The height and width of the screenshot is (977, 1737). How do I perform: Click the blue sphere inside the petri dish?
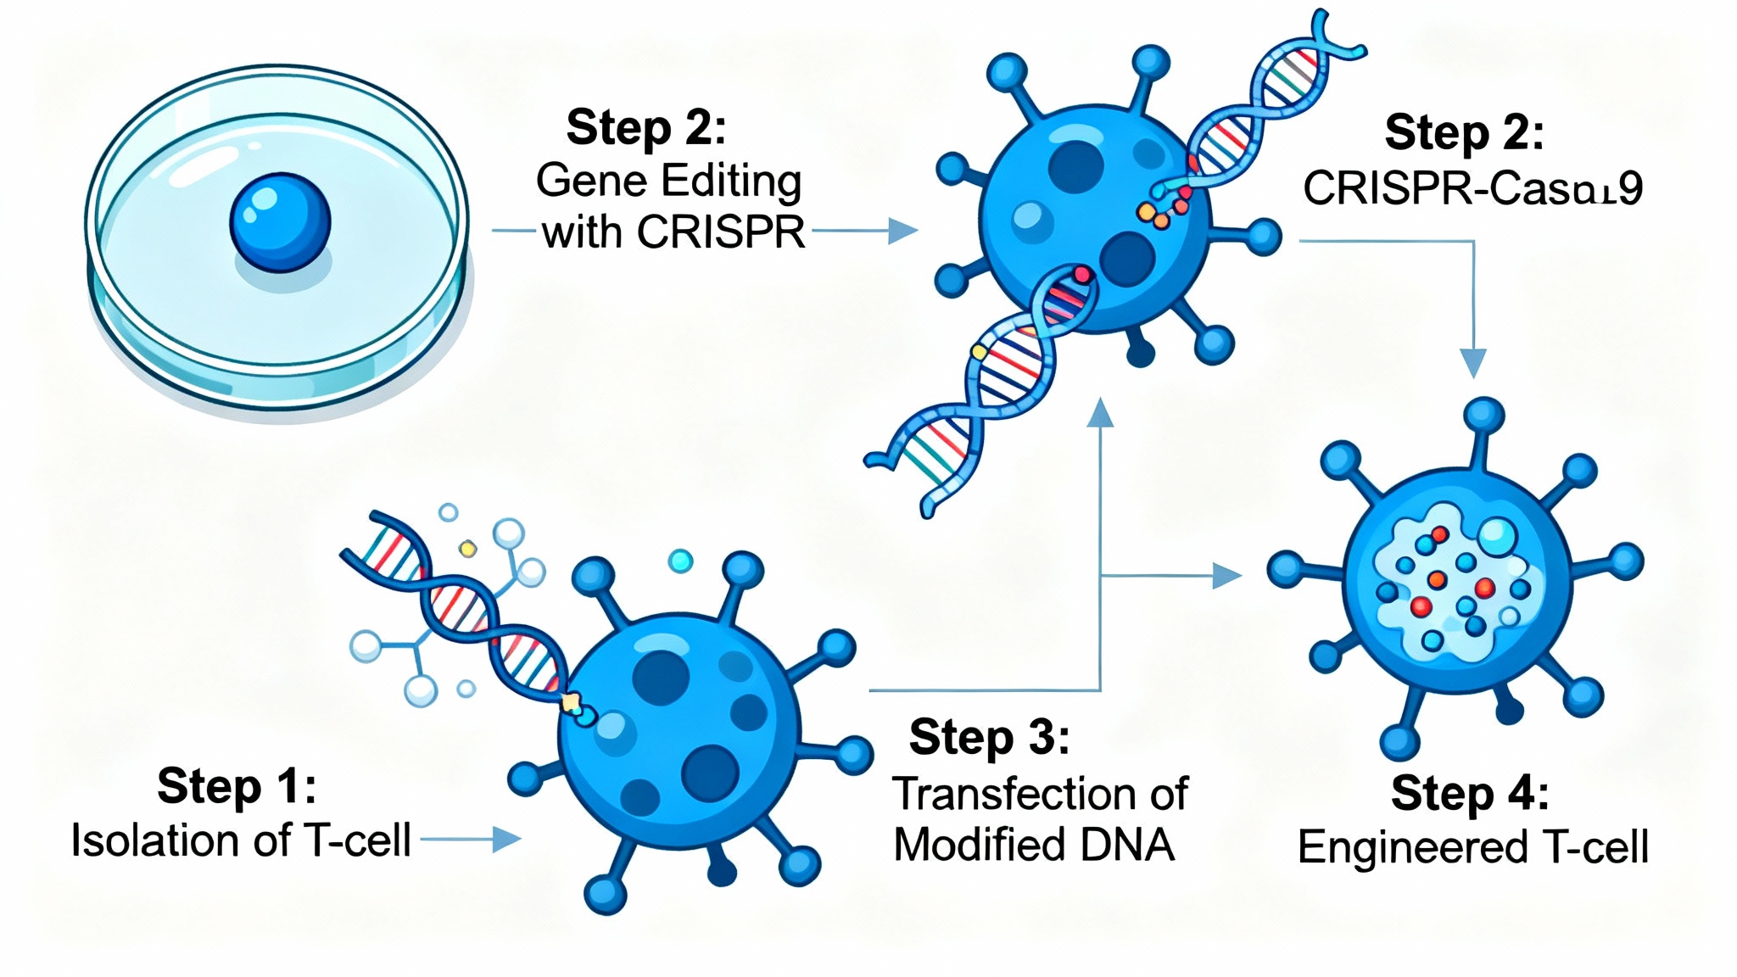pos(280,222)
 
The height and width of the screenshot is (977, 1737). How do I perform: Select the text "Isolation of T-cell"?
pos(241,840)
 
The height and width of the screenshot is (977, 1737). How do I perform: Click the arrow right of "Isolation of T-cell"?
pos(504,840)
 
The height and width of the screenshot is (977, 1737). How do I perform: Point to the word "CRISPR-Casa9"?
pos(1472,188)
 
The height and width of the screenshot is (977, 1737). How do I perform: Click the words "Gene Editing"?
pos(668,181)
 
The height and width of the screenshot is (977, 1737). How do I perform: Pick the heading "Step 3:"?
pos(989,736)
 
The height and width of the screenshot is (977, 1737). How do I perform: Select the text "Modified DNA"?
pos(1034,845)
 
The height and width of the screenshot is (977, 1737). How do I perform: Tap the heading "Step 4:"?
pos(1470,793)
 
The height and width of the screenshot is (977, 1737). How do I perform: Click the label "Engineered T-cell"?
pos(1472,846)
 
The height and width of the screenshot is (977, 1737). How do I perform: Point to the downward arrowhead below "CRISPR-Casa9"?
pos(1473,363)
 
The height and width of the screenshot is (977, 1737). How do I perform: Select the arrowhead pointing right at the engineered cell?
pos(1226,576)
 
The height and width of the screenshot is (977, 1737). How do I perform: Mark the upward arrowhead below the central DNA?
pos(1100,413)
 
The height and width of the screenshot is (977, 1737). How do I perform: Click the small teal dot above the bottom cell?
pos(680,561)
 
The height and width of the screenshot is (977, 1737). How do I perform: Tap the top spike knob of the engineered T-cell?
pos(1483,416)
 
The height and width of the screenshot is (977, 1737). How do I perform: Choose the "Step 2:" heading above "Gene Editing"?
pos(646,127)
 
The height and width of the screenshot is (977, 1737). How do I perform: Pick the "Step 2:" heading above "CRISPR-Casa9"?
pos(1464,132)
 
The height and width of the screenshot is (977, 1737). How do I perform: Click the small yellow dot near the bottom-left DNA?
pos(467,550)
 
